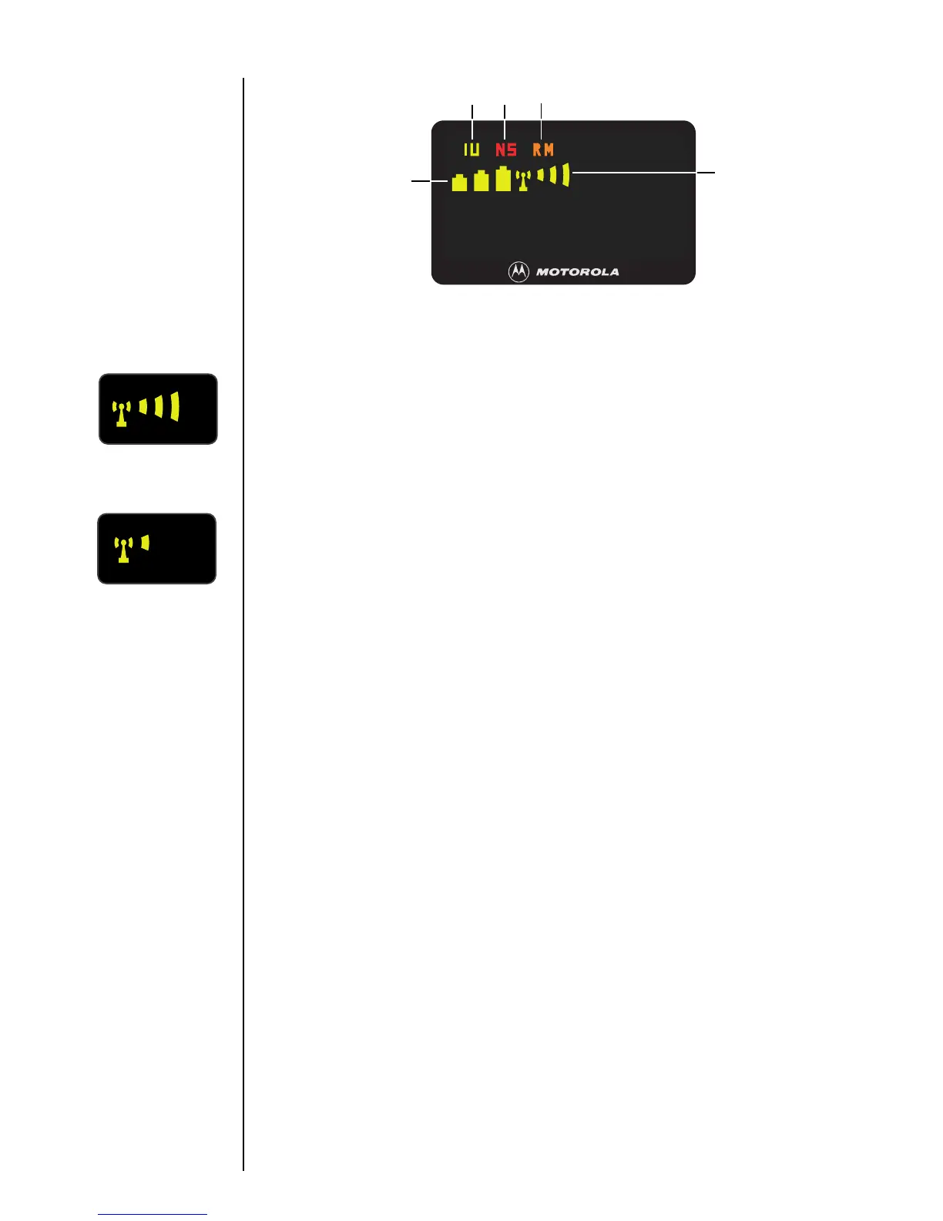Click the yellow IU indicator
pos(471,150)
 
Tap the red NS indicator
pos(506,150)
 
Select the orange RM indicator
pos(543,150)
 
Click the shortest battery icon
pos(459,183)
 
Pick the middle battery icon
pos(482,182)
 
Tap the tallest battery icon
pos(503,179)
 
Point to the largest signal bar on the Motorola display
pos(566,175)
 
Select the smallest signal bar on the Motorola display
pos(541,176)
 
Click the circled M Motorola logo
pos(519,271)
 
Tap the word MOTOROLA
pos(578,272)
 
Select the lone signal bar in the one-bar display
pos(145,543)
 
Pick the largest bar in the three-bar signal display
pos(175,406)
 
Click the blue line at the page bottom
pos(153,1214)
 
